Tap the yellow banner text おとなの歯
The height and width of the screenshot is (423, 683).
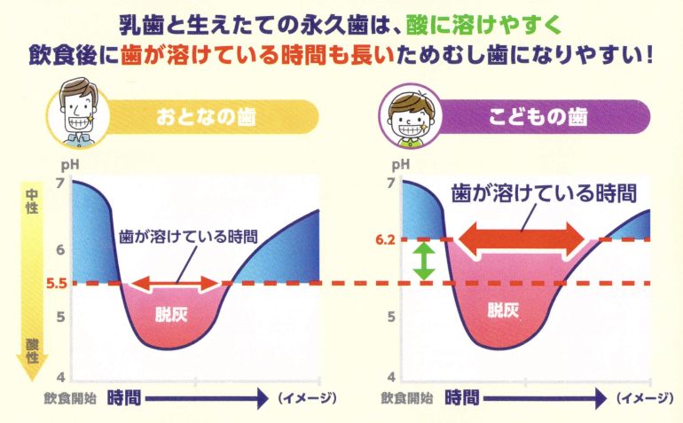pyautogui.click(x=206, y=117)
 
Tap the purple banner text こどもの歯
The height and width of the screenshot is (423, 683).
pyautogui.click(x=538, y=117)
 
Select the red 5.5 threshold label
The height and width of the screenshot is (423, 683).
pyautogui.click(x=57, y=284)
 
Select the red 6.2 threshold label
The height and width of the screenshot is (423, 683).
pyautogui.click(x=386, y=240)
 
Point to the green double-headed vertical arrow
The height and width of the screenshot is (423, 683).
pyautogui.click(x=424, y=262)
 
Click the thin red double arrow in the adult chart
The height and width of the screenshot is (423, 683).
pyautogui.click(x=175, y=284)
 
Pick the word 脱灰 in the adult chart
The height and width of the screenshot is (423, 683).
pyautogui.click(x=171, y=314)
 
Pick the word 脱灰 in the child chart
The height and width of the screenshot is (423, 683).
pyautogui.click(x=503, y=310)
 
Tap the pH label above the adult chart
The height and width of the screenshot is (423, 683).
pyautogui.click(x=70, y=165)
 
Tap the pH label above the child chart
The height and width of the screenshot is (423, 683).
pyautogui.click(x=401, y=165)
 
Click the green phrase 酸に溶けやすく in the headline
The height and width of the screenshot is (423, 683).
pyautogui.click(x=483, y=26)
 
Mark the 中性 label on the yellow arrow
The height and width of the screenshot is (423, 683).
pyautogui.click(x=31, y=200)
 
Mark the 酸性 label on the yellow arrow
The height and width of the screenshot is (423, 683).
pyautogui.click(x=32, y=351)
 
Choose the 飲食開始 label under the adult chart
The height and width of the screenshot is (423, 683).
pyautogui.click(x=70, y=398)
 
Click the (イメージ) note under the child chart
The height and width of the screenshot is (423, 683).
pyautogui.click(x=645, y=397)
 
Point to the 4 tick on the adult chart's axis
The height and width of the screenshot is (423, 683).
pyautogui.click(x=61, y=377)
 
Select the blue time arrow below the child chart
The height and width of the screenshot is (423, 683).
pyautogui.click(x=545, y=398)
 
